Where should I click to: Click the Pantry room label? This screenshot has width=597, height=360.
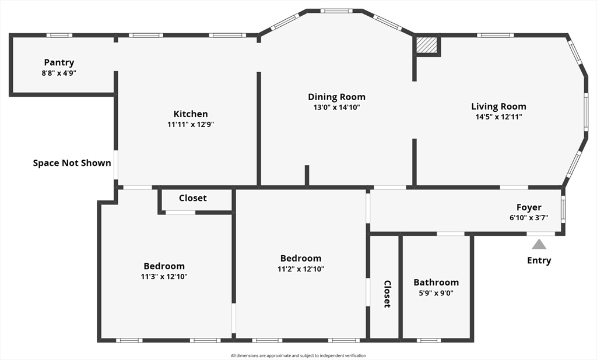59,62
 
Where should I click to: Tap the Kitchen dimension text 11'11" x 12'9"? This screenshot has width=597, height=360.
191,124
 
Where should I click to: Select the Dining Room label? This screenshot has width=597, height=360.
336,97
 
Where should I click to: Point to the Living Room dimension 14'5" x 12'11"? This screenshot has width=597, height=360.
498,117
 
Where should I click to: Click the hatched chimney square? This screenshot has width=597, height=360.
427,45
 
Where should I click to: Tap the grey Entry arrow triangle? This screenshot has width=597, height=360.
539,244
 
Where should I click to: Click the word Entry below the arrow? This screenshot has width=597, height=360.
539,260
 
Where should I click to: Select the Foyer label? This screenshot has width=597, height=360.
529,207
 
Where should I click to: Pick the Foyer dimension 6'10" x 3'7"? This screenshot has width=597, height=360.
529,217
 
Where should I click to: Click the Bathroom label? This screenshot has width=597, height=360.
436,283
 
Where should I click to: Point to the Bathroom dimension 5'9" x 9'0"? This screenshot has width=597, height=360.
436,293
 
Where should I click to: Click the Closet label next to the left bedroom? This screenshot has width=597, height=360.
192,198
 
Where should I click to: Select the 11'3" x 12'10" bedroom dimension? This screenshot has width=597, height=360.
164,276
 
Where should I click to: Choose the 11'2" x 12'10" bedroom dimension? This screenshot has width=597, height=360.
301,269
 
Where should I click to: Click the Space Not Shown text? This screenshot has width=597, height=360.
72,163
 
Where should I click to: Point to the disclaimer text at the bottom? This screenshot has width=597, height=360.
298,355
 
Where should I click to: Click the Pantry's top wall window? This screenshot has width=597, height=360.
59,35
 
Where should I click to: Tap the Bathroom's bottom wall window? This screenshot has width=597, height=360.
429,340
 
